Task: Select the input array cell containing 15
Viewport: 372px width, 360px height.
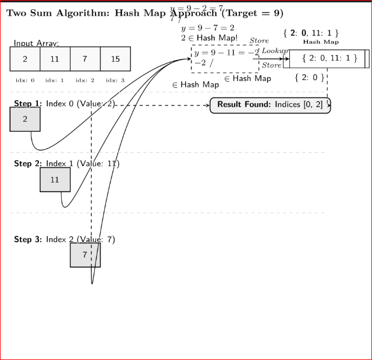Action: point(115,59)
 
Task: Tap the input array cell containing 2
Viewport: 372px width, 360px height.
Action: point(25,59)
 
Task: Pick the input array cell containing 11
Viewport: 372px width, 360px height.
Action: point(55,59)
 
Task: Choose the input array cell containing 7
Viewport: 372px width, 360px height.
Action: point(85,59)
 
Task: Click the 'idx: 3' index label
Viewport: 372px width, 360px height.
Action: point(115,80)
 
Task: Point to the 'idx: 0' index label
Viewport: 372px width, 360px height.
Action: point(25,80)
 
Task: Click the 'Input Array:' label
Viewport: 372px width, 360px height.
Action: point(36,43)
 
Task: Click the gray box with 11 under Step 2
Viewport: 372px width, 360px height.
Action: point(55,179)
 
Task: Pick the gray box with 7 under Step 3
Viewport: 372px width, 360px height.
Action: point(85,255)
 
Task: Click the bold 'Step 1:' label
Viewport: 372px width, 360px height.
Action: point(27,104)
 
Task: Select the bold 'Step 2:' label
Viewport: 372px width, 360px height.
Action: point(27,164)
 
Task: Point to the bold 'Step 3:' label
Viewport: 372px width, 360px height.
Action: point(27,239)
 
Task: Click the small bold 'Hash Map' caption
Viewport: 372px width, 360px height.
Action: point(321,42)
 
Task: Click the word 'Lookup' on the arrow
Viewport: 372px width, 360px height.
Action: point(275,51)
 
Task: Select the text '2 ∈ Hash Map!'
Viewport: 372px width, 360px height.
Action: point(210,38)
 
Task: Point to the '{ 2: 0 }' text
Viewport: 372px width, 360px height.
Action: point(309,77)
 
